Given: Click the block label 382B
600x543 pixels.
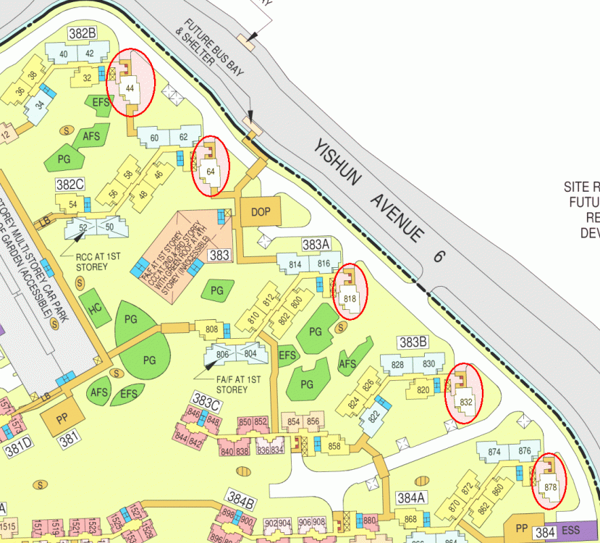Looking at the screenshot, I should (x=83, y=33).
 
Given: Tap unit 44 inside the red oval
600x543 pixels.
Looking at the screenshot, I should (x=130, y=88).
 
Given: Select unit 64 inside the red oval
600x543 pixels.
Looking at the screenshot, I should (x=211, y=171).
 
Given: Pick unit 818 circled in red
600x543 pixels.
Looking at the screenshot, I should (x=351, y=298).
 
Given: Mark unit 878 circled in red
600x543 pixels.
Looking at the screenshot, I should (x=551, y=488).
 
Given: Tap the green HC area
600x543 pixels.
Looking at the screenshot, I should (x=90, y=306).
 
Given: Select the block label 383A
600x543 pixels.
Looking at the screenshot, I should (x=316, y=245).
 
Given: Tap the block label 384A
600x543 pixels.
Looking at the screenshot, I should (x=410, y=498).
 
